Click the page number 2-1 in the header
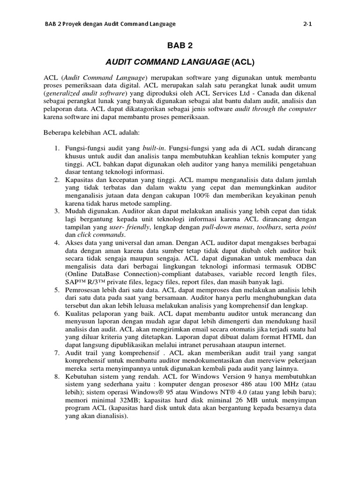coord(307,24)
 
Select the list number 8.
coord(56,376)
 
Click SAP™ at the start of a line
coord(75,282)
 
